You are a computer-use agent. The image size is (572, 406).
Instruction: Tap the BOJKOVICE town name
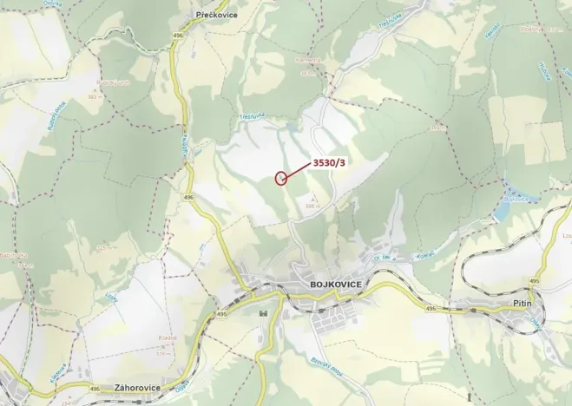[335, 284]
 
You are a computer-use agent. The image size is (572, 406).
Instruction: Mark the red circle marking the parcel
[280, 179]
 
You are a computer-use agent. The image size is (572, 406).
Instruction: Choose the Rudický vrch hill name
[113, 82]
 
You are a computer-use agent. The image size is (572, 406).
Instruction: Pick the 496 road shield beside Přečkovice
[179, 34]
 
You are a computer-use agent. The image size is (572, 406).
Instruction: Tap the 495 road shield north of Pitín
[534, 281]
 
